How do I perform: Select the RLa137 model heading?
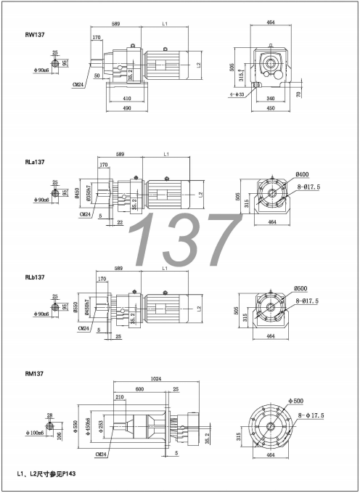(36, 163)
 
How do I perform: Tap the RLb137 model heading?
(36, 277)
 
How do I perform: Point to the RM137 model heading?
(35, 374)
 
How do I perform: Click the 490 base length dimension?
(126, 110)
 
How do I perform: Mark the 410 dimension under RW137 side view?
(127, 99)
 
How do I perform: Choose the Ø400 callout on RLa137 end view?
(303, 174)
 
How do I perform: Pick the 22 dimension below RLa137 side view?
(119, 222)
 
